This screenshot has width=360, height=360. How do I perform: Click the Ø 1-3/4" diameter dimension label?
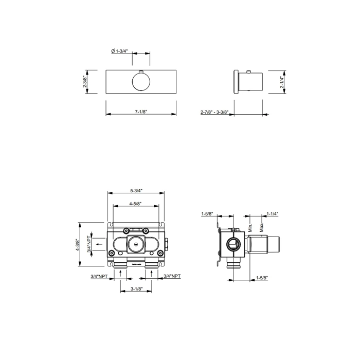coord(119,51)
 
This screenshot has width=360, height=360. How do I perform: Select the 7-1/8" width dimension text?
coord(141,112)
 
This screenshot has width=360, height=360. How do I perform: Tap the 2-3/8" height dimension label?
coord(85,81)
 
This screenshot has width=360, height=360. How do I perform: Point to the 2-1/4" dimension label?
coord(282,82)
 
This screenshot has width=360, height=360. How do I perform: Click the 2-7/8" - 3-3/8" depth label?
coord(214,112)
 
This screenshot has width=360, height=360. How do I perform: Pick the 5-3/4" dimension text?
coord(136,191)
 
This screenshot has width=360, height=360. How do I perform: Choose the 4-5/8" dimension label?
coord(135,204)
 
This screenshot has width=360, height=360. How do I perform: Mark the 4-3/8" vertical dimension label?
coord(78,245)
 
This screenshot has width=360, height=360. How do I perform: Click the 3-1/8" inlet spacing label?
coord(137,289)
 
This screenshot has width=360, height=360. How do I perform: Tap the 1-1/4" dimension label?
coord(272,214)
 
